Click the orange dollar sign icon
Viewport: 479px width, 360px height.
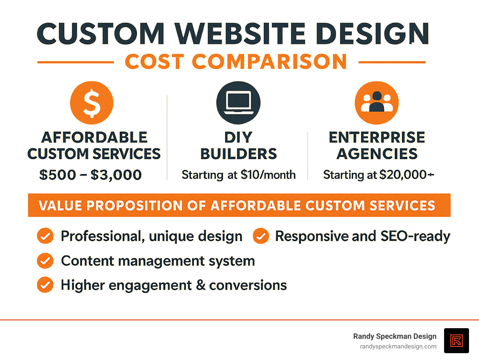pos(92,103)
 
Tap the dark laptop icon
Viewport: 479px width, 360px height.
pos(238,103)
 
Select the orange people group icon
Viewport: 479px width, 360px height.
pos(376,103)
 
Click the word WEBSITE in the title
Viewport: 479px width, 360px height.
pos(240,34)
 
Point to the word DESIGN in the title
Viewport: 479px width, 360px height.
pos(373,34)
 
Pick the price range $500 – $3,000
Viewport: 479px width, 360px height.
pos(90,175)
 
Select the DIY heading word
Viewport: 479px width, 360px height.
pos(238,138)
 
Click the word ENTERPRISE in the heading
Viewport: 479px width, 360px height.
pos(377,138)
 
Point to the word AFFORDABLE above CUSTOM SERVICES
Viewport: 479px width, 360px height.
pos(94,138)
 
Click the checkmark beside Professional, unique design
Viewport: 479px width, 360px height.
pos(45,236)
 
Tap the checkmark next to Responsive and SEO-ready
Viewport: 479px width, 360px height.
pos(261,236)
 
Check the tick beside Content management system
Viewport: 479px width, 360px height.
pos(45,261)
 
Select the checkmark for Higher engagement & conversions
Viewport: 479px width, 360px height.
pos(45,285)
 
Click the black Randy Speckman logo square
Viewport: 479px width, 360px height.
pos(456,341)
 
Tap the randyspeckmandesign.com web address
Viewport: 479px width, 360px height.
pos(398,347)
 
